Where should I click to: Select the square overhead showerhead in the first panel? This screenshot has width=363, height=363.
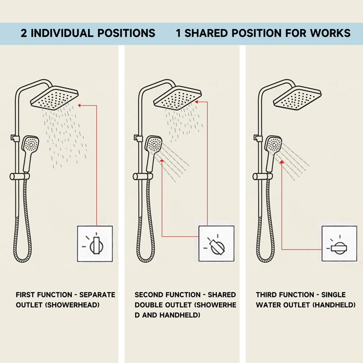54,98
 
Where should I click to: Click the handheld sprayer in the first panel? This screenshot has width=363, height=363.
29,153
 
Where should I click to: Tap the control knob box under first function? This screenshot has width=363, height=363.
95,244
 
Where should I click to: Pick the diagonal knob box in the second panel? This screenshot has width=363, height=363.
216,244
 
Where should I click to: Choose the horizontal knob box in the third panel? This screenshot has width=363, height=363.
339,244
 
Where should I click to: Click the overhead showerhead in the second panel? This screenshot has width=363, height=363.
177,98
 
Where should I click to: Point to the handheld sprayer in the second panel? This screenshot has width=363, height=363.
152,153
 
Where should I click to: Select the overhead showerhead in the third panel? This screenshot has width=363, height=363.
298,98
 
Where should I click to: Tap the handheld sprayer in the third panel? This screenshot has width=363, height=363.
272,153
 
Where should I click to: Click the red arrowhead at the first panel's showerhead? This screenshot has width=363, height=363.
79,105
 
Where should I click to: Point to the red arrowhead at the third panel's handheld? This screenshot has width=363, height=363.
282,162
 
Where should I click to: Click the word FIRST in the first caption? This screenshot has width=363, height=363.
25,294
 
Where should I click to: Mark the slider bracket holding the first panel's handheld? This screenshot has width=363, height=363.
20,177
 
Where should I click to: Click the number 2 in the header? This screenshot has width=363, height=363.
24,33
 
